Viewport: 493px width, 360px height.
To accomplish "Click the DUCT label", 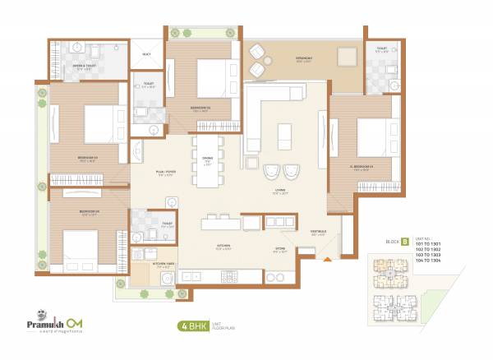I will click(x=146, y=54).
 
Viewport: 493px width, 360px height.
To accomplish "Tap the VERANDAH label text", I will click(x=285, y=59).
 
